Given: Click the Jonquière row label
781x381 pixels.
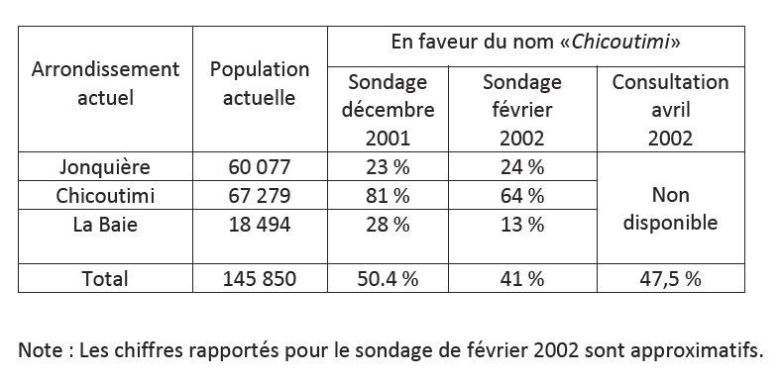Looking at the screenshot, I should click(105, 166).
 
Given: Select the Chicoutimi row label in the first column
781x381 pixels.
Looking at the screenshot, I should click(105, 195).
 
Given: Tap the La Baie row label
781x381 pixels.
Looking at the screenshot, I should click(105, 224).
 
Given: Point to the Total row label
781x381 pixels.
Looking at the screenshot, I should click(105, 279).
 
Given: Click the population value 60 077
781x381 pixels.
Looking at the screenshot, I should click(260, 166).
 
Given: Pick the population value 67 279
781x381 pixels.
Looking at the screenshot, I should click(260, 195).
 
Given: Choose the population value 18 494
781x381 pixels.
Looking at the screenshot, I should click(260, 224).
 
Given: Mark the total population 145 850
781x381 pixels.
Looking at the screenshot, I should click(260, 279).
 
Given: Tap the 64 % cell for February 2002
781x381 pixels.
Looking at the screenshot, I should click(522, 195).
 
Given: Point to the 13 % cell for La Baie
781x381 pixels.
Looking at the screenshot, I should click(522, 224).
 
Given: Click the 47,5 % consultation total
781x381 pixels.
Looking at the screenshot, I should click(671, 279).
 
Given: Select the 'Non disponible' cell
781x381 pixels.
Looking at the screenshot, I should click(671, 209).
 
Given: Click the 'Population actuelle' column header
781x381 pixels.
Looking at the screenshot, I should click(260, 84).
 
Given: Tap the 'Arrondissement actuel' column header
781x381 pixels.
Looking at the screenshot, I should click(105, 84).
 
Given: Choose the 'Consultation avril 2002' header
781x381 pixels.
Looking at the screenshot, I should click(671, 109).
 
